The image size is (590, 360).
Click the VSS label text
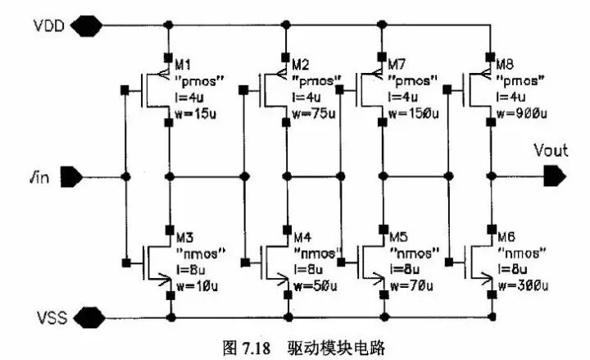[x=50, y=317]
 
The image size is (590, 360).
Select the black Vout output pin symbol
[x=554, y=175]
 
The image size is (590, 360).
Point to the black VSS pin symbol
[x=85, y=317]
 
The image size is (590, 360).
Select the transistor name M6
[x=505, y=232]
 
